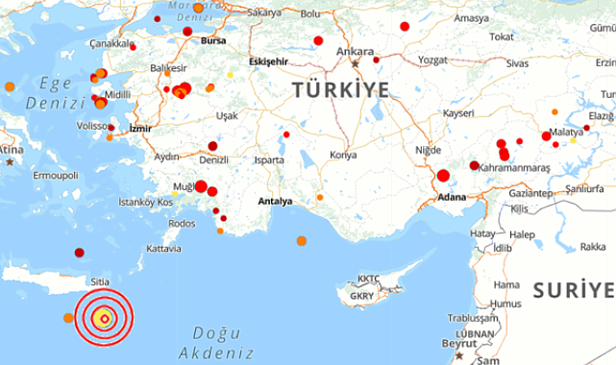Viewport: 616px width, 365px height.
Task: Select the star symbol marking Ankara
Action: (355, 63)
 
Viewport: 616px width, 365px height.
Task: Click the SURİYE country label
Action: (574, 289)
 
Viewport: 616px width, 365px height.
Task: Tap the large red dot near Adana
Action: (443, 176)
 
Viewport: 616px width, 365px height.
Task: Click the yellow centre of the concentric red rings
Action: (105, 318)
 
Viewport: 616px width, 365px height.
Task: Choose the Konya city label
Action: (343, 155)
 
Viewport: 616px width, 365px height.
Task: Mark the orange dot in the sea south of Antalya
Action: (302, 241)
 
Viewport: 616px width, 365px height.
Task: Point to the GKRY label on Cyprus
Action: (363, 295)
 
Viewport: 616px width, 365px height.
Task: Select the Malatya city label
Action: (566, 132)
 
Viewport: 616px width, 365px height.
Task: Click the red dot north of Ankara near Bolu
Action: (318, 40)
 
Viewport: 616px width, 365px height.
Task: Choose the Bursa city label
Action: (213, 43)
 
